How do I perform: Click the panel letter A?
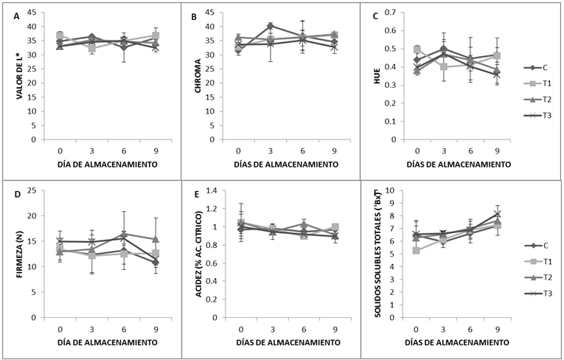pyautogui.click(x=16, y=16)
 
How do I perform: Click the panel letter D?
pyautogui.click(x=16, y=195)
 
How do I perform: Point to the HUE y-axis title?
pyautogui.click(x=377, y=76)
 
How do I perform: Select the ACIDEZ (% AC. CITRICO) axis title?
pyautogui.click(x=198, y=254)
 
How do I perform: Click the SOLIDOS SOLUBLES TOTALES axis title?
pyautogui.click(x=377, y=254)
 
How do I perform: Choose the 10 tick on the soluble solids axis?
pyautogui.click(x=395, y=190)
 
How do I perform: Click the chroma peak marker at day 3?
pyautogui.click(x=270, y=26)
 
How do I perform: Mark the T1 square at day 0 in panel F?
pyautogui.click(x=416, y=250)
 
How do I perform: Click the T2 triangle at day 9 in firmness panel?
pyautogui.click(x=156, y=239)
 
